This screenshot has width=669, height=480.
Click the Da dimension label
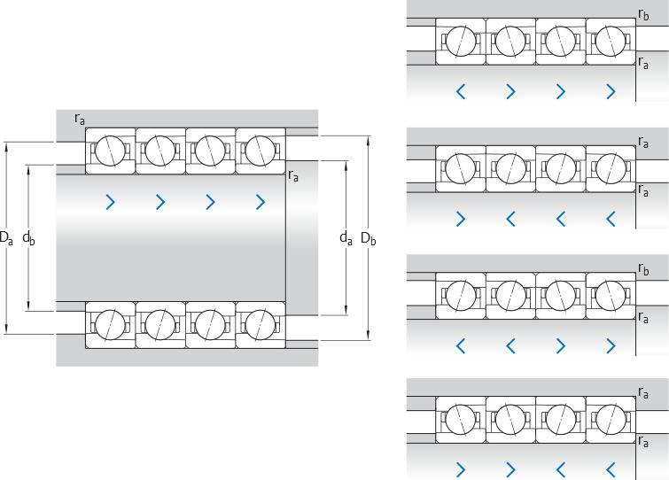(x=5, y=238)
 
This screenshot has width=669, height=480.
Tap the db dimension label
(x=28, y=238)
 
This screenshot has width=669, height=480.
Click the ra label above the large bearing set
(x=80, y=118)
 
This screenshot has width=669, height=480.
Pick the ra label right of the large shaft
(x=293, y=175)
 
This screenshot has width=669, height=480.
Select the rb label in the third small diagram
(x=643, y=267)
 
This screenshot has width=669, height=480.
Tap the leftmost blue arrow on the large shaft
(x=110, y=202)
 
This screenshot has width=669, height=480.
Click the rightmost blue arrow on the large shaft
(x=260, y=202)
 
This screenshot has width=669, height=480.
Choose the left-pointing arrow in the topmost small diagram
(x=460, y=90)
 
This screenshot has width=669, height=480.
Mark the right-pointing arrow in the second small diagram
(x=460, y=218)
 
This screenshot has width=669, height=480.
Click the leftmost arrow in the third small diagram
(x=460, y=345)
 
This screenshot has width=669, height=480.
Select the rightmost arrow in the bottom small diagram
(x=611, y=469)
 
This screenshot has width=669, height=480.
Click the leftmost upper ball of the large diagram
(x=110, y=150)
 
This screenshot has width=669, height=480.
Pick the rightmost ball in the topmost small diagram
(x=611, y=41)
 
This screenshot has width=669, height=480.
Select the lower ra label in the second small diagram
(x=643, y=190)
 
